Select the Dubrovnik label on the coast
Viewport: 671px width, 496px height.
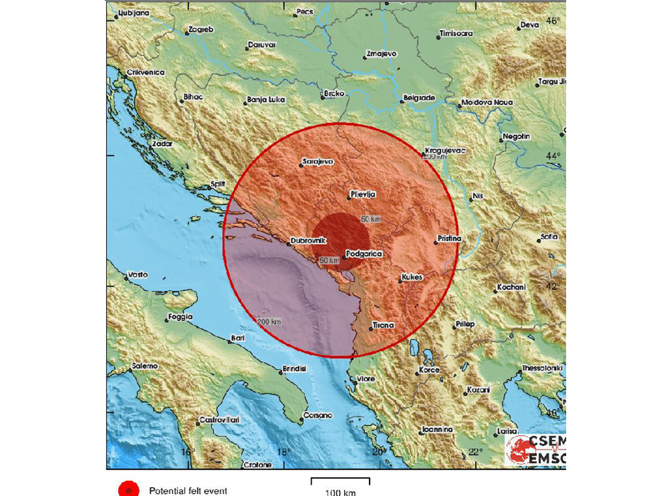tap(308, 241)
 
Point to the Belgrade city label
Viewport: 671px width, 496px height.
tap(419, 97)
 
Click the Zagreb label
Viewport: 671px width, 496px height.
tap(201, 30)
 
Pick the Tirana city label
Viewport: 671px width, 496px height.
tap(383, 325)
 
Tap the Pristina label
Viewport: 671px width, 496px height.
tap(450, 239)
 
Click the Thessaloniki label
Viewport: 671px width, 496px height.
tap(543, 368)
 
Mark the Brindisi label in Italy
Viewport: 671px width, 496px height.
tap(295, 369)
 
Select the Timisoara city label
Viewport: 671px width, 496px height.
tap(456, 33)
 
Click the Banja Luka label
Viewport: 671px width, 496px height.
tap(264, 101)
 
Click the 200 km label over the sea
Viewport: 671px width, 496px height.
tap(269, 321)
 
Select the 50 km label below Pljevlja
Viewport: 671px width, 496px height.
tap(371, 219)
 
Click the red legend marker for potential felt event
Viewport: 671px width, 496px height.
tap(128, 489)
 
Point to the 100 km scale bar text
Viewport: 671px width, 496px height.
tap(341, 491)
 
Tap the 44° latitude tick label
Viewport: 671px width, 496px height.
tap(554, 156)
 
